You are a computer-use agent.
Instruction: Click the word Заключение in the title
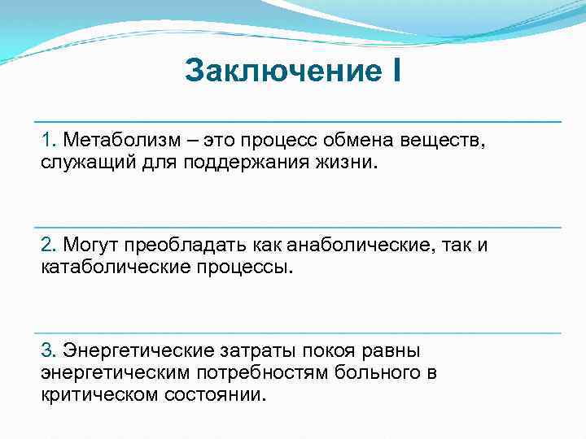click(277, 71)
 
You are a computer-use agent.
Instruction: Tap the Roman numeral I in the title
click(396, 71)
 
